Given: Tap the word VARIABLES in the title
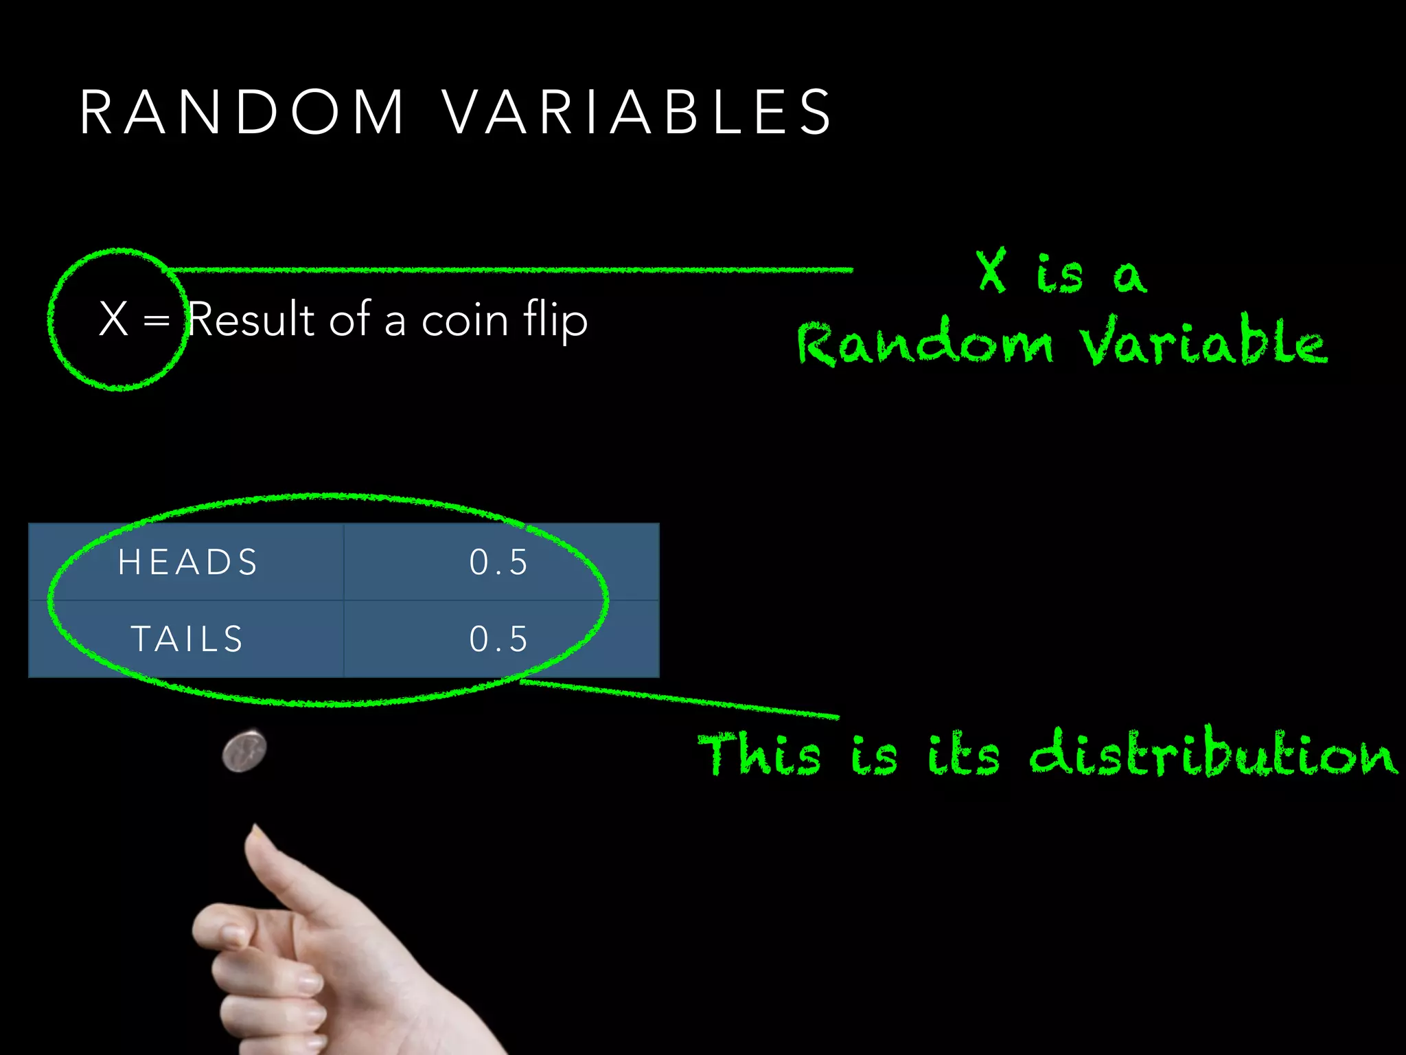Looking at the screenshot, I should pyautogui.click(x=637, y=112).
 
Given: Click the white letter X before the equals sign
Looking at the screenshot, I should pyautogui.click(x=113, y=319).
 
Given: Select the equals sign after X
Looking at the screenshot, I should pyautogui.click(x=157, y=320).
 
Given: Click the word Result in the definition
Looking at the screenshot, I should pyautogui.click(x=251, y=319).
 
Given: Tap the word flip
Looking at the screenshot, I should pyautogui.click(x=555, y=320).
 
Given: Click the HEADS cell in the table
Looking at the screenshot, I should pyautogui.click(x=187, y=562).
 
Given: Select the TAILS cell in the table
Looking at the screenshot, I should pyautogui.click(x=187, y=639).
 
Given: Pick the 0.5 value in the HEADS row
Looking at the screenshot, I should pyautogui.click(x=499, y=562).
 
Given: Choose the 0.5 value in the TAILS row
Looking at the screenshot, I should pyautogui.click(x=499, y=639).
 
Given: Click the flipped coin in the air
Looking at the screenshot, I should pyautogui.click(x=244, y=751).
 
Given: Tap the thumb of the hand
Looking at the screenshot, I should pyautogui.click(x=275, y=865).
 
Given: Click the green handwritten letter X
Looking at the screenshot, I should pyautogui.click(x=991, y=271).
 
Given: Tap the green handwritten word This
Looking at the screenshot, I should pyautogui.click(x=759, y=754).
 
